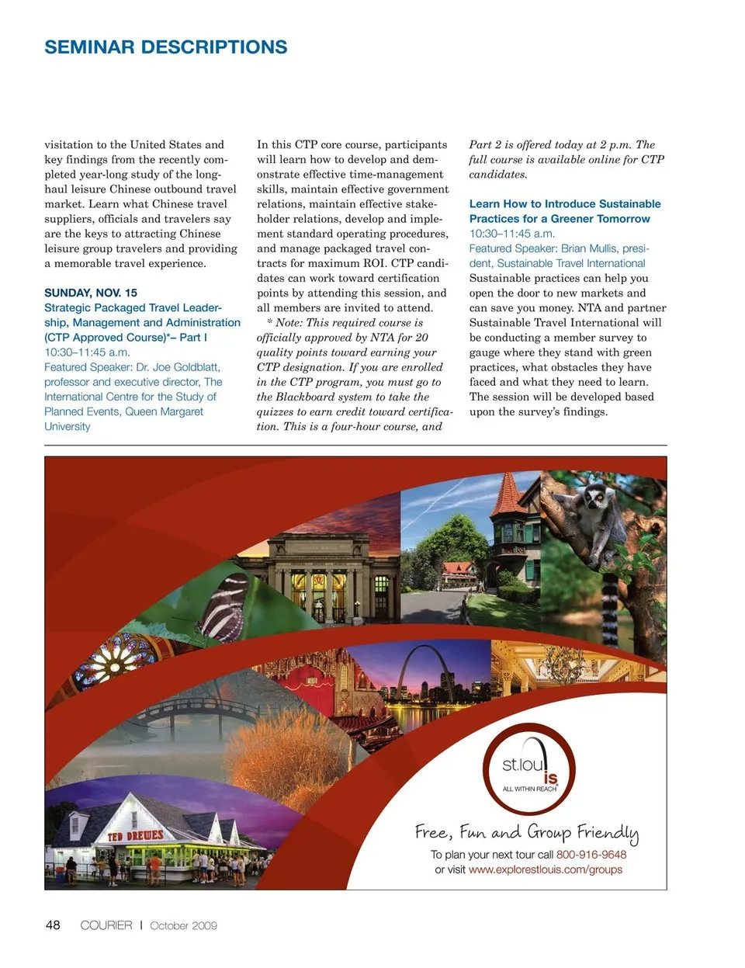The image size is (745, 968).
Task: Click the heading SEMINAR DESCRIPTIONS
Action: [x=165, y=47]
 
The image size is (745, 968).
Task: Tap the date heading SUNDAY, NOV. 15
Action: [x=91, y=293]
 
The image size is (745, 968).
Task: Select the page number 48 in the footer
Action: [x=53, y=925]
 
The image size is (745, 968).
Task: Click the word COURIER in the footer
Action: [x=106, y=925]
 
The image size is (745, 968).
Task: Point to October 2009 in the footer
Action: [x=183, y=925]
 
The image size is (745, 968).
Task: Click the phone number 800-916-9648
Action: [x=591, y=855]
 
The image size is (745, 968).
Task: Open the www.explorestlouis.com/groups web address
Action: [x=546, y=869]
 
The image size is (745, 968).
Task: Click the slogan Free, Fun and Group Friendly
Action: [x=527, y=833]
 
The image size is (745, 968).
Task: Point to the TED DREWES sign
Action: [x=136, y=835]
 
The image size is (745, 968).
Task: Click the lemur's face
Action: [x=596, y=497]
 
